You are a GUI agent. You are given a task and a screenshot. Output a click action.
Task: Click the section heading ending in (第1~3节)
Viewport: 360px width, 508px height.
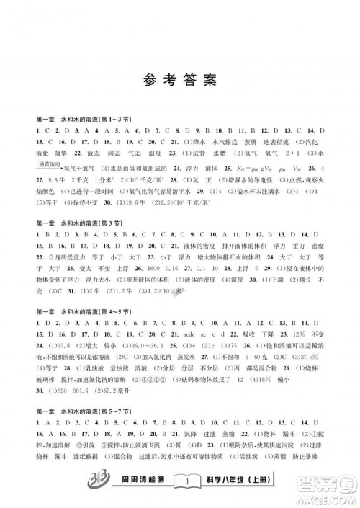point(79,118)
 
